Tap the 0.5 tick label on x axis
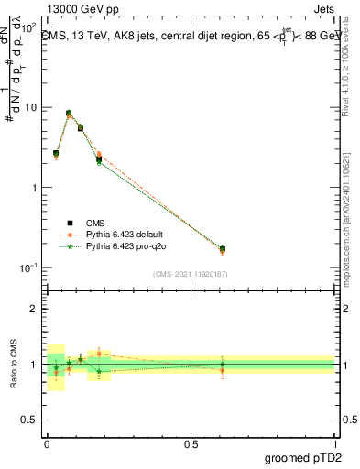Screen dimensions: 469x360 click(191, 442)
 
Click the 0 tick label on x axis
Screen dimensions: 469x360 click(47, 442)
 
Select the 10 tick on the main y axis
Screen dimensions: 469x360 click(33, 107)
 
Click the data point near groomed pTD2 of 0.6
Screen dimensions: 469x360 click(223, 248)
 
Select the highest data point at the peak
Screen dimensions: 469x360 click(69, 113)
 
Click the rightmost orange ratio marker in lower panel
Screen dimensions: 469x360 click(223, 370)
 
